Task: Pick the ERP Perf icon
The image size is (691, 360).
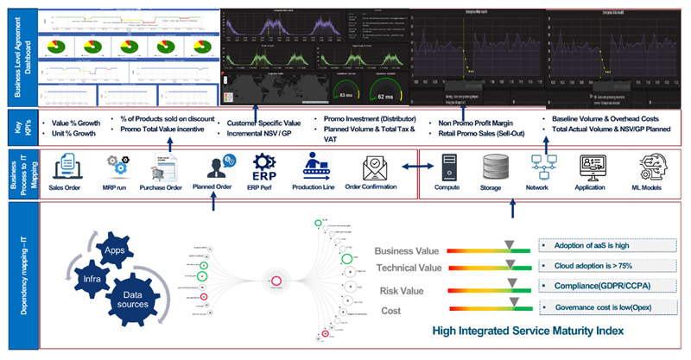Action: pos(263,164)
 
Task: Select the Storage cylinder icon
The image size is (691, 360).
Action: pos(494,164)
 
